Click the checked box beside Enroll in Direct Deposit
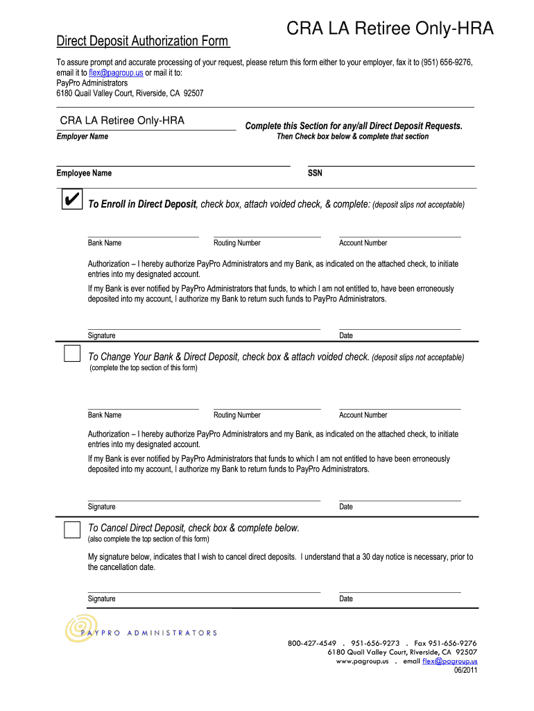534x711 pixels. tap(70, 201)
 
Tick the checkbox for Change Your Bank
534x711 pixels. tap(72, 354)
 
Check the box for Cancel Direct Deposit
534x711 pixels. tap(72, 530)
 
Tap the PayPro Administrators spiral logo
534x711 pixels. tap(77, 628)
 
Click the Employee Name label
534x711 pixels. tap(84, 173)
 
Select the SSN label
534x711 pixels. tap(315, 173)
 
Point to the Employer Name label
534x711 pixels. tap(82, 136)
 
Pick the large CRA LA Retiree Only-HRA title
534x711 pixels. tap(391, 29)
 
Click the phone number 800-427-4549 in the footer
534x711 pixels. tap(312, 643)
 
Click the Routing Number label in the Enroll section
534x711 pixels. tap(237, 243)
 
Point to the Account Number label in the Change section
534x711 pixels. tap(363, 415)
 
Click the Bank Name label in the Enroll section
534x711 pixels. tap(105, 243)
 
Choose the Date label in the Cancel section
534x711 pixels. tap(346, 599)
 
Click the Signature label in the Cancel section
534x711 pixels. tap(102, 599)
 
